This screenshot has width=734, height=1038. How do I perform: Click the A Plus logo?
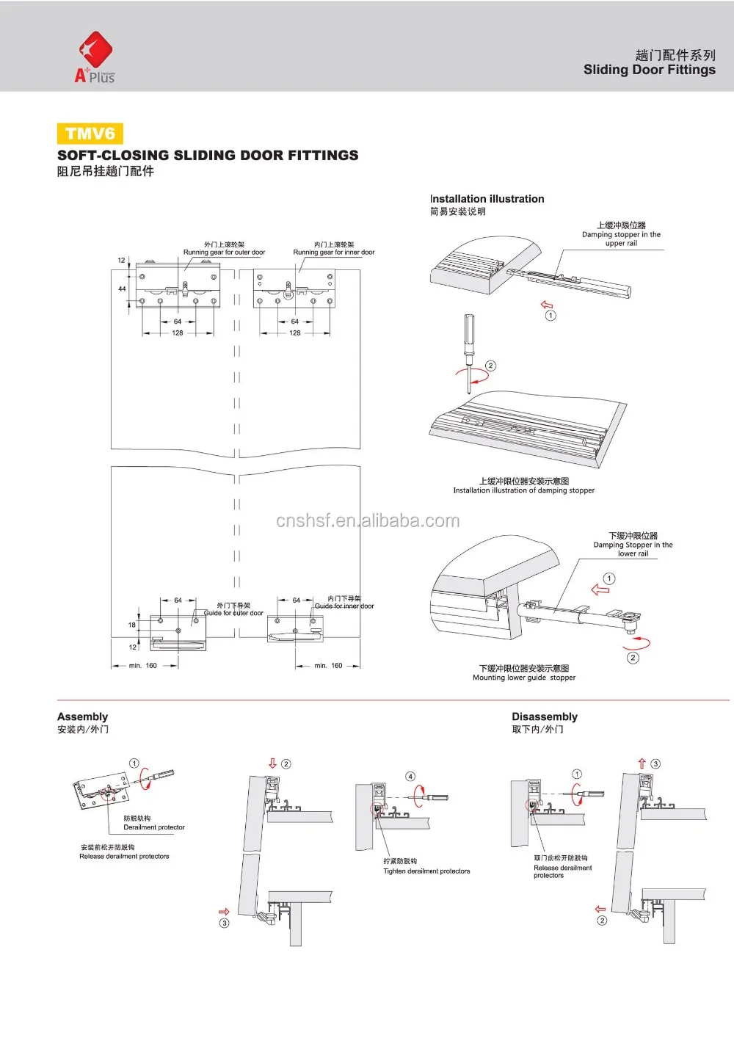click(95, 57)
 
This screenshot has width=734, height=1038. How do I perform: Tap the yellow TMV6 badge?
click(90, 134)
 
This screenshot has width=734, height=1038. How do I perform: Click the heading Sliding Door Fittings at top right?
click(649, 70)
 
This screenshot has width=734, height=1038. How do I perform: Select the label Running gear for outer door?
click(224, 252)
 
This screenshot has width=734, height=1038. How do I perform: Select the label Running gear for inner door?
click(334, 252)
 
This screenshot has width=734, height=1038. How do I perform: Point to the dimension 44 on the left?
click(122, 288)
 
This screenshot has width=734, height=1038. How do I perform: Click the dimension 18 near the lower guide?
click(132, 625)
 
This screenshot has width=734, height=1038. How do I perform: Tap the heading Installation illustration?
click(487, 199)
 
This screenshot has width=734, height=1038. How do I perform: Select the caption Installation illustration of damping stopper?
click(523, 490)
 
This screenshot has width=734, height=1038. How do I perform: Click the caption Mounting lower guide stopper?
click(524, 678)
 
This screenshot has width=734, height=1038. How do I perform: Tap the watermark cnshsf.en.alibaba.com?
click(368, 521)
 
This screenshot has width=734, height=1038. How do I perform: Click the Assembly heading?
click(82, 716)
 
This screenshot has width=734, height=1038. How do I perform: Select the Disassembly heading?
click(545, 716)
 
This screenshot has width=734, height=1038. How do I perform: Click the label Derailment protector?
click(154, 827)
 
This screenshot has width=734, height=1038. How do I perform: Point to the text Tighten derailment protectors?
click(426, 871)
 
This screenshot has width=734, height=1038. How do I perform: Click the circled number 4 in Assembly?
click(410, 776)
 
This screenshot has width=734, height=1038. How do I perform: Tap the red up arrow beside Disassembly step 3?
click(642, 763)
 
